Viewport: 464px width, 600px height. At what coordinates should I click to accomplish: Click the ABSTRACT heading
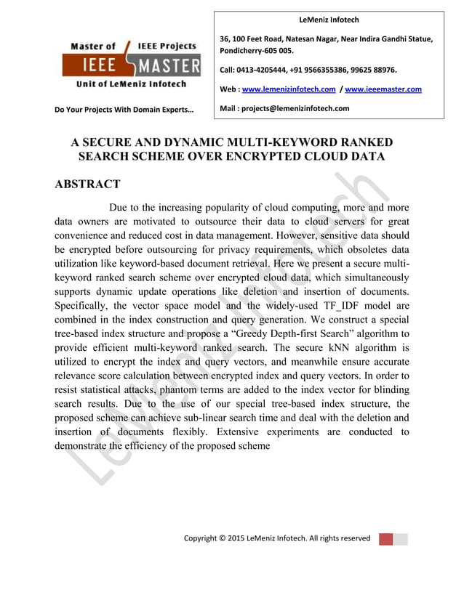pos(87,185)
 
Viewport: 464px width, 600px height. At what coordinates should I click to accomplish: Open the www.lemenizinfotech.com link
pos(288,89)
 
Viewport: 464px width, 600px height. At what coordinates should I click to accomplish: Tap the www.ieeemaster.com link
pos(383,89)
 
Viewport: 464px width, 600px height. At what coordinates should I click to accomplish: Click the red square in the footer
pos(386,538)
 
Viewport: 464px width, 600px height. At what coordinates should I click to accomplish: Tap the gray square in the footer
pos(401,538)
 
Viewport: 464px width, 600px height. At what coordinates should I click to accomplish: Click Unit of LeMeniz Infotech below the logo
pos(131,84)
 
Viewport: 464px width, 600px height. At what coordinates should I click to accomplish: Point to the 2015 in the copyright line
pos(237,538)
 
